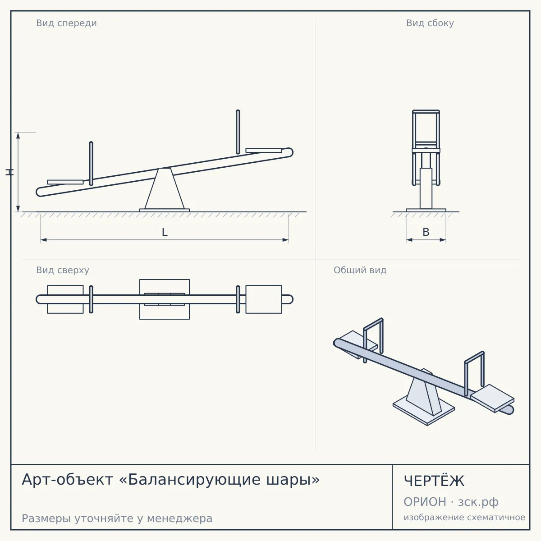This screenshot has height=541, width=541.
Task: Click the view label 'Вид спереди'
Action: pos(66,23)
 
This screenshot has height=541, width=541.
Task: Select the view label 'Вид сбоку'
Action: pos(430,23)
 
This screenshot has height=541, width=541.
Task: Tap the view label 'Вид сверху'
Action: pos(63,270)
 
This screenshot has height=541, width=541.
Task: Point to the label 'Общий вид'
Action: pos(360,270)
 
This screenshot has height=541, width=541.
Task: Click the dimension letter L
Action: pos(165,232)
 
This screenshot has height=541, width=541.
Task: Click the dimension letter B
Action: pos(426,232)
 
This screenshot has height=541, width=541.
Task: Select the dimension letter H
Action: pos(9,172)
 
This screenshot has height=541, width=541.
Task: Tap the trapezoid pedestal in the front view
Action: pos(165,188)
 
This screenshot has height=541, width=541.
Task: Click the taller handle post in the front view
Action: pos(238,132)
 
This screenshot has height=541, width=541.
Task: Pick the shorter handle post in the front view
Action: pos(91,164)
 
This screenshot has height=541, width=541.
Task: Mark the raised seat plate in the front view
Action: pos(264,151)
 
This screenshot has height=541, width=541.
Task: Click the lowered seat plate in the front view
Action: pos(65,182)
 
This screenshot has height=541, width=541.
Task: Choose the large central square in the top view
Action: pos(165,299)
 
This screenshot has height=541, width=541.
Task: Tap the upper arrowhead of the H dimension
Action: pos(18,135)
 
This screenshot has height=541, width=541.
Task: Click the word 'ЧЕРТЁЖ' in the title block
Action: pos(434,481)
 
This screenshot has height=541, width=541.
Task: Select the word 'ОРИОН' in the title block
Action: pos(425,502)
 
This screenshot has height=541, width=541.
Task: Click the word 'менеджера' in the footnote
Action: pos(180,518)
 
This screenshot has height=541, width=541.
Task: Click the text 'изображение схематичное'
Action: pos(464,518)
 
